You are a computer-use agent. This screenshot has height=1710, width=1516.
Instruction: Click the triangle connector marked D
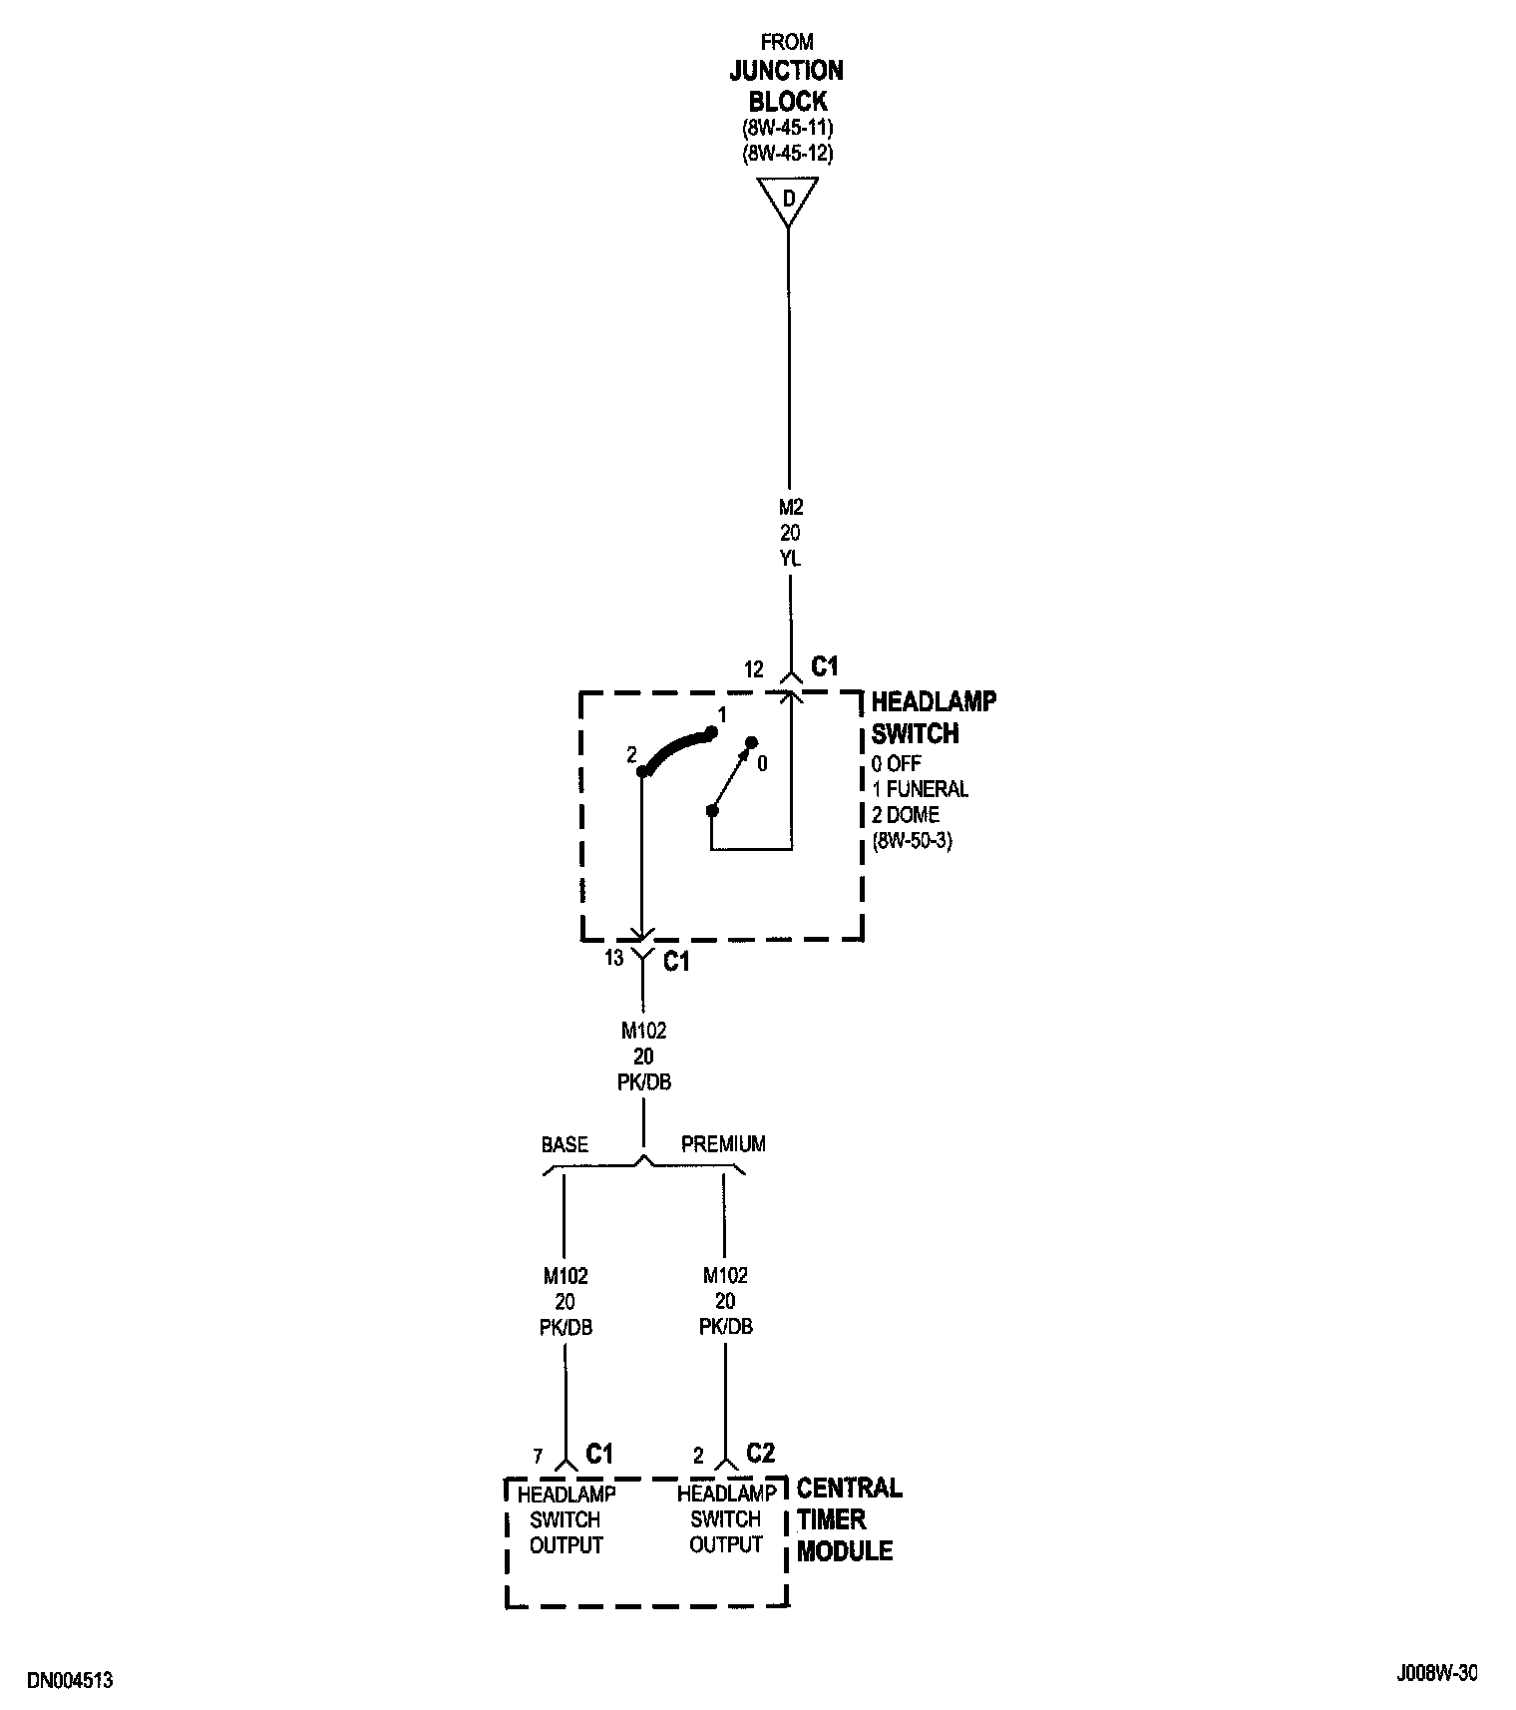click(x=788, y=199)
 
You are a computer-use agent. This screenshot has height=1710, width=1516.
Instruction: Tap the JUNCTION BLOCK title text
click(x=787, y=86)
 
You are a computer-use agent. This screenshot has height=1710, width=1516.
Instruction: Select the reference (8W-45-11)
click(x=787, y=129)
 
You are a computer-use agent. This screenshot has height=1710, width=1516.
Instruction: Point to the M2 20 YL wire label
click(x=790, y=533)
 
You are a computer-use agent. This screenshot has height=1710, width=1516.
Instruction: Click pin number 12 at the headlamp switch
click(x=754, y=669)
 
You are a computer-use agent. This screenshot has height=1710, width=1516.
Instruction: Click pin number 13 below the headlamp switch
click(x=613, y=958)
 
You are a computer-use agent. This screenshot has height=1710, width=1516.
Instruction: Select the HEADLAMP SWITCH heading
click(x=933, y=717)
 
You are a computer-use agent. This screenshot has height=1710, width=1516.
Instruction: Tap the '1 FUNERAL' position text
click(x=920, y=789)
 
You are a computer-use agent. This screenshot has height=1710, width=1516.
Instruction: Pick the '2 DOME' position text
click(x=906, y=815)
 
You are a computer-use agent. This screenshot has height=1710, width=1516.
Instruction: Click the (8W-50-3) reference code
click(x=913, y=840)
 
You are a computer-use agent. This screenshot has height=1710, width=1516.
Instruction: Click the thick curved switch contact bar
click(x=678, y=749)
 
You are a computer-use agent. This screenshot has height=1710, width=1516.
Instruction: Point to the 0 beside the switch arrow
click(x=763, y=764)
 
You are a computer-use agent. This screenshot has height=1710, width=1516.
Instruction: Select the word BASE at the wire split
click(x=565, y=1144)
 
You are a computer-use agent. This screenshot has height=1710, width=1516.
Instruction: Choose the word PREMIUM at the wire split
click(x=723, y=1144)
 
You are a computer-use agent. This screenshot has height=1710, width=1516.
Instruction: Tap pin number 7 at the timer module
click(x=539, y=1457)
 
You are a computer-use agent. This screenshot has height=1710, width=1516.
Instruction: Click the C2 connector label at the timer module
click(x=760, y=1453)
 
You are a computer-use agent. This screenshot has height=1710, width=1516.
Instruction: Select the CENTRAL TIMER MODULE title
click(x=848, y=1519)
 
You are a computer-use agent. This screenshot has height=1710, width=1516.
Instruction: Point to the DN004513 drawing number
click(x=70, y=1680)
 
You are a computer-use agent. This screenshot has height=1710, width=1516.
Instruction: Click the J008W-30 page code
click(x=1436, y=1673)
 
